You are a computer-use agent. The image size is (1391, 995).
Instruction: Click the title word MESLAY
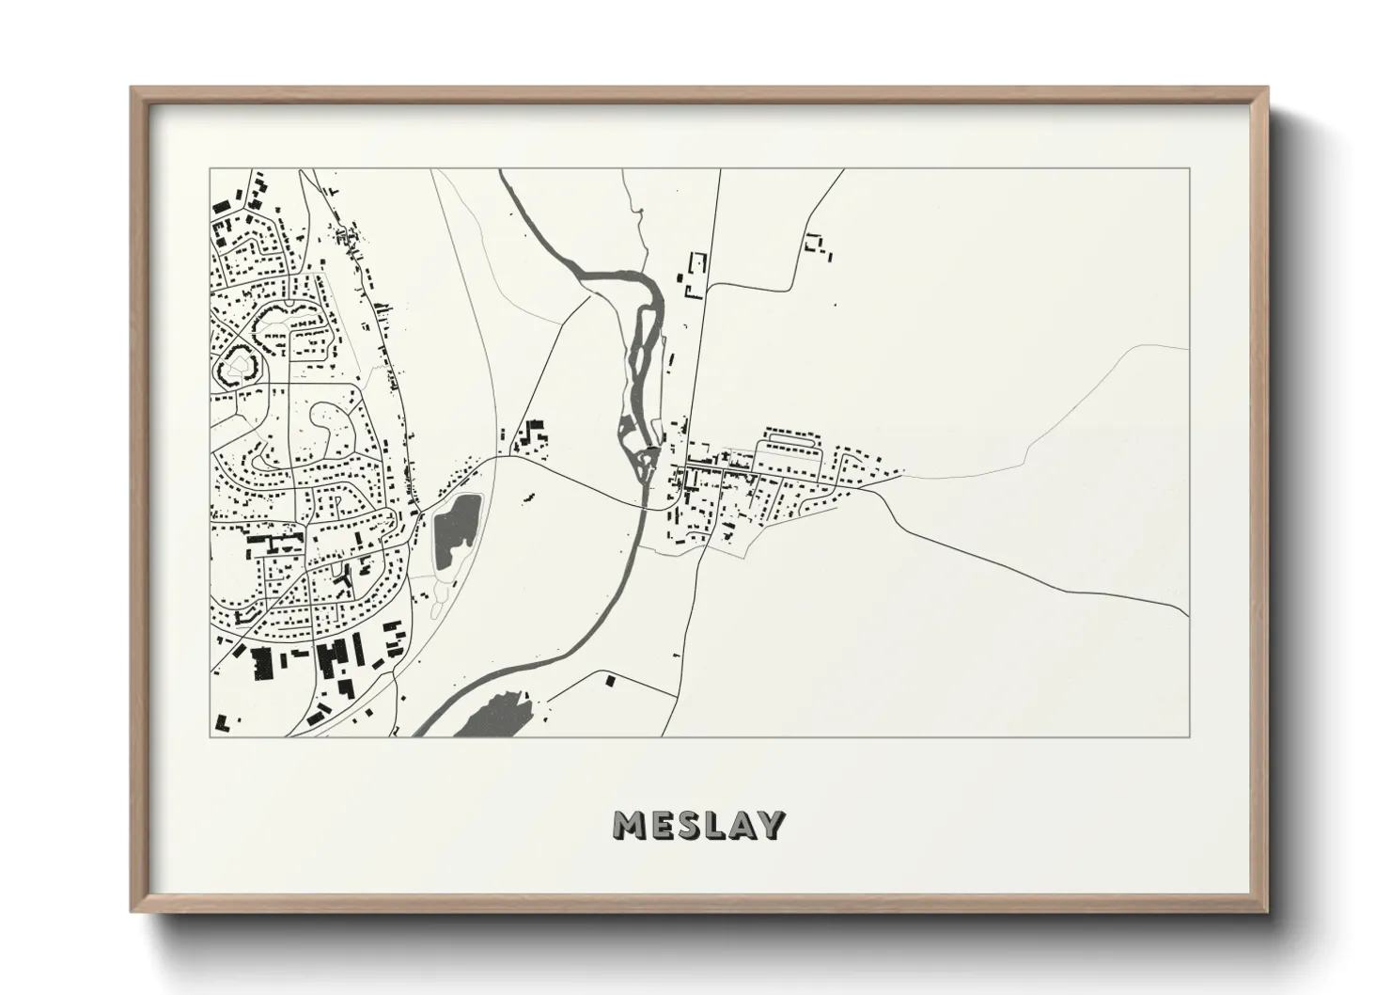click(x=698, y=825)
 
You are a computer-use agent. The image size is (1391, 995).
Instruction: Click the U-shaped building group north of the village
click(x=695, y=275)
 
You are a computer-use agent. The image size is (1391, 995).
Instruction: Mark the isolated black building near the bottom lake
click(x=610, y=680)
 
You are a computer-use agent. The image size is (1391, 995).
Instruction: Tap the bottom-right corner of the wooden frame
click(x=1266, y=910)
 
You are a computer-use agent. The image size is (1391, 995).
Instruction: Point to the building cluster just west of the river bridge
click(x=532, y=438)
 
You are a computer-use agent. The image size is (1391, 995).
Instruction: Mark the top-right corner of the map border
click(x=1189, y=168)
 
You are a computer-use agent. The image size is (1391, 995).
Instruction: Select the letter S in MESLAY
click(x=683, y=825)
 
